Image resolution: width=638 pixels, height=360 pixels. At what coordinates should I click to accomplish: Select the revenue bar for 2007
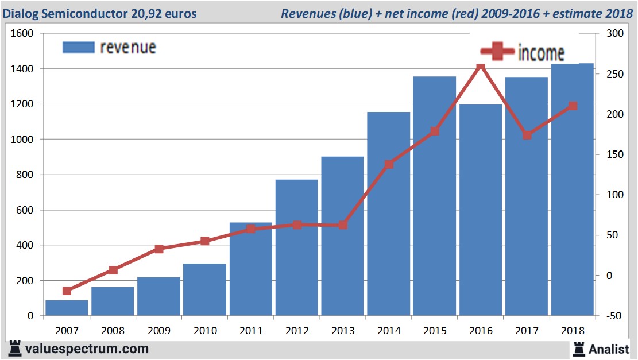click(x=67, y=308)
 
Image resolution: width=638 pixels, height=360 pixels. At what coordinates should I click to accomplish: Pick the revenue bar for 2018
click(x=573, y=189)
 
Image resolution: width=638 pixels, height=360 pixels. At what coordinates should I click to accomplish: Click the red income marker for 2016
click(x=481, y=67)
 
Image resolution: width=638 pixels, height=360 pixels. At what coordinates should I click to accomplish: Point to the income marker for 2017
click(x=527, y=136)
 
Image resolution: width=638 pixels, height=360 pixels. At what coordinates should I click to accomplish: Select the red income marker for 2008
click(x=113, y=270)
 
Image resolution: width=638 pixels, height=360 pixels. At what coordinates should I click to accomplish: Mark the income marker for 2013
click(x=343, y=225)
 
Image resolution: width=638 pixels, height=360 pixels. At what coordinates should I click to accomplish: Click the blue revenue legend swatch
click(x=78, y=47)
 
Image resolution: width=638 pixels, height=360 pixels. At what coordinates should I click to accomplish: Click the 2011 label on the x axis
click(x=251, y=331)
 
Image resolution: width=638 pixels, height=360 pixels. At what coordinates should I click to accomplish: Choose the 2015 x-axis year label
click(x=435, y=331)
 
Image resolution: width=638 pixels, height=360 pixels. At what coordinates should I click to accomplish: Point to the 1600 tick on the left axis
click(x=23, y=33)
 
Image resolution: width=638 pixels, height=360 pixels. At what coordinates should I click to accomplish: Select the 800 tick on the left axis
click(x=26, y=175)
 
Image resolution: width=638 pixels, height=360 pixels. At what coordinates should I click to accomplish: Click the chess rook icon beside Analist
click(x=578, y=348)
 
